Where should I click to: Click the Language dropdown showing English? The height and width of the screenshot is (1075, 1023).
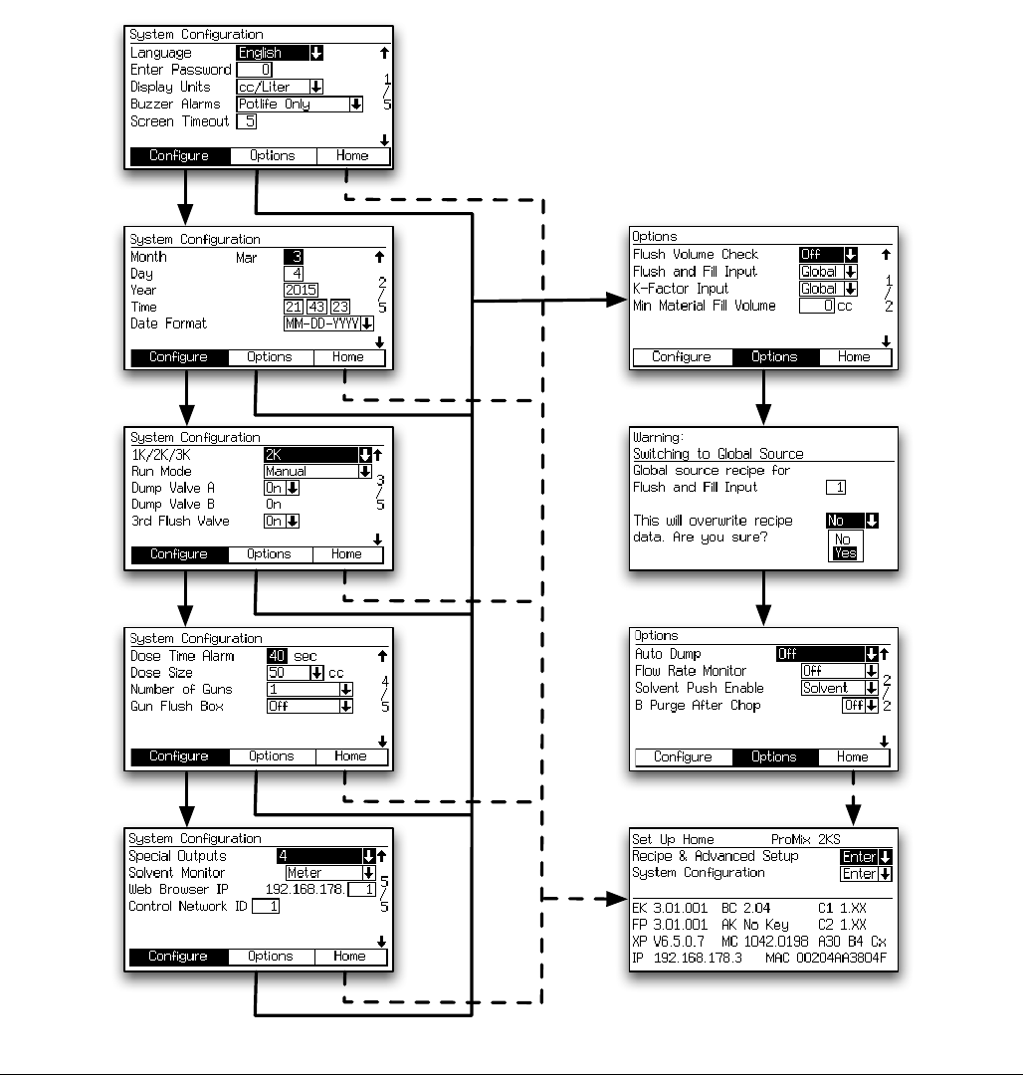tap(280, 53)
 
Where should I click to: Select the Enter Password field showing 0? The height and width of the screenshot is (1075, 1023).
tap(254, 70)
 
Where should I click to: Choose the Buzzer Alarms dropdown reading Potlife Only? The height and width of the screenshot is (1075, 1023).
tap(300, 104)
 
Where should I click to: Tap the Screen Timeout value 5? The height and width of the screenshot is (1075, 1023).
tap(246, 121)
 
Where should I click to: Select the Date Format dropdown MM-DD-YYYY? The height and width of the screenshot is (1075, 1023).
tap(328, 323)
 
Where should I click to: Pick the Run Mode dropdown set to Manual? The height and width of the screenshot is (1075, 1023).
tap(317, 471)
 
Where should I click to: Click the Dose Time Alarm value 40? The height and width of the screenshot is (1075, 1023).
tap(277, 656)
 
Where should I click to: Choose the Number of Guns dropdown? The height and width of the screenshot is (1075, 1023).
tap(309, 689)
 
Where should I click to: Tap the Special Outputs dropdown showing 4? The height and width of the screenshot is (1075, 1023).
tap(325, 856)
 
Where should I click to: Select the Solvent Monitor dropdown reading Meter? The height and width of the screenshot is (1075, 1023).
tap(330, 873)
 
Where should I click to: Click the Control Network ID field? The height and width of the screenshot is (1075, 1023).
tap(266, 907)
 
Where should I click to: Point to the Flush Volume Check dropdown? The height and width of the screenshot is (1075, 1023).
tap(828, 255)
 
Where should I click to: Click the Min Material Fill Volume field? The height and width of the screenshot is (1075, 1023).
tap(816, 306)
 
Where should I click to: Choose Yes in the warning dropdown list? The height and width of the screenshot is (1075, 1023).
tap(845, 553)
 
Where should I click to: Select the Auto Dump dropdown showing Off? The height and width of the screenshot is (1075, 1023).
tap(827, 654)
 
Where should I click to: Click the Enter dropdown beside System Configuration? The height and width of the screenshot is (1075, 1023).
tap(866, 874)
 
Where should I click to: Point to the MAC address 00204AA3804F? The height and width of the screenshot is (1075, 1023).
tap(840, 959)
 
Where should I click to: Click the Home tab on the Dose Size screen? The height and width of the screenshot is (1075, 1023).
tap(350, 756)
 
